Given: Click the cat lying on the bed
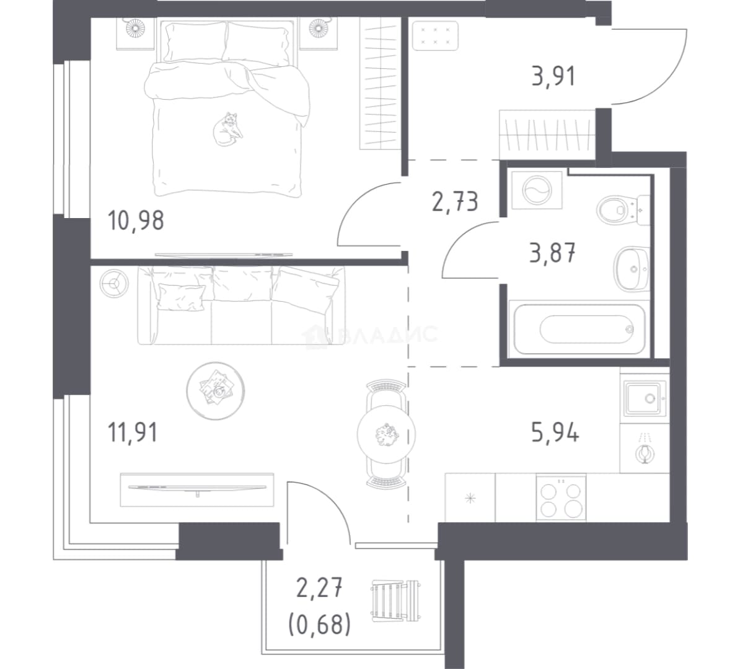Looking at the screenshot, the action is point(227,129).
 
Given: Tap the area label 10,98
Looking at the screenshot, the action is point(136,221).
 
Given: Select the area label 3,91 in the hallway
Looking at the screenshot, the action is point(553,76).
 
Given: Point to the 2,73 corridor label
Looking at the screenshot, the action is point(456,201).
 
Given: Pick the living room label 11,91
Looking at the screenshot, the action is point(133,432).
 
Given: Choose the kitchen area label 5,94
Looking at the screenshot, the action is point(555,432).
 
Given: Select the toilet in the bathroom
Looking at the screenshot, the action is point(623,210).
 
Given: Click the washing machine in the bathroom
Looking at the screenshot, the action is point(537,190).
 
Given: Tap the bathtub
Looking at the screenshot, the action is point(579,329).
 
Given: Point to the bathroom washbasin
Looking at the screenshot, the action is point(632,268).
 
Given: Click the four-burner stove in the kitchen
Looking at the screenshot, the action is point(561,498).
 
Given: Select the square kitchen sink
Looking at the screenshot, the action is point(645,399).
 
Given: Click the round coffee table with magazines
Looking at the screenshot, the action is point(216,391).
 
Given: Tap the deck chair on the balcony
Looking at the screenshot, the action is point(395,601).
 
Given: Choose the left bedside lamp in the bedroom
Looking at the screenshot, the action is point(136,28).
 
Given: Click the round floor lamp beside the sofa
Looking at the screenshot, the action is point(114,284).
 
